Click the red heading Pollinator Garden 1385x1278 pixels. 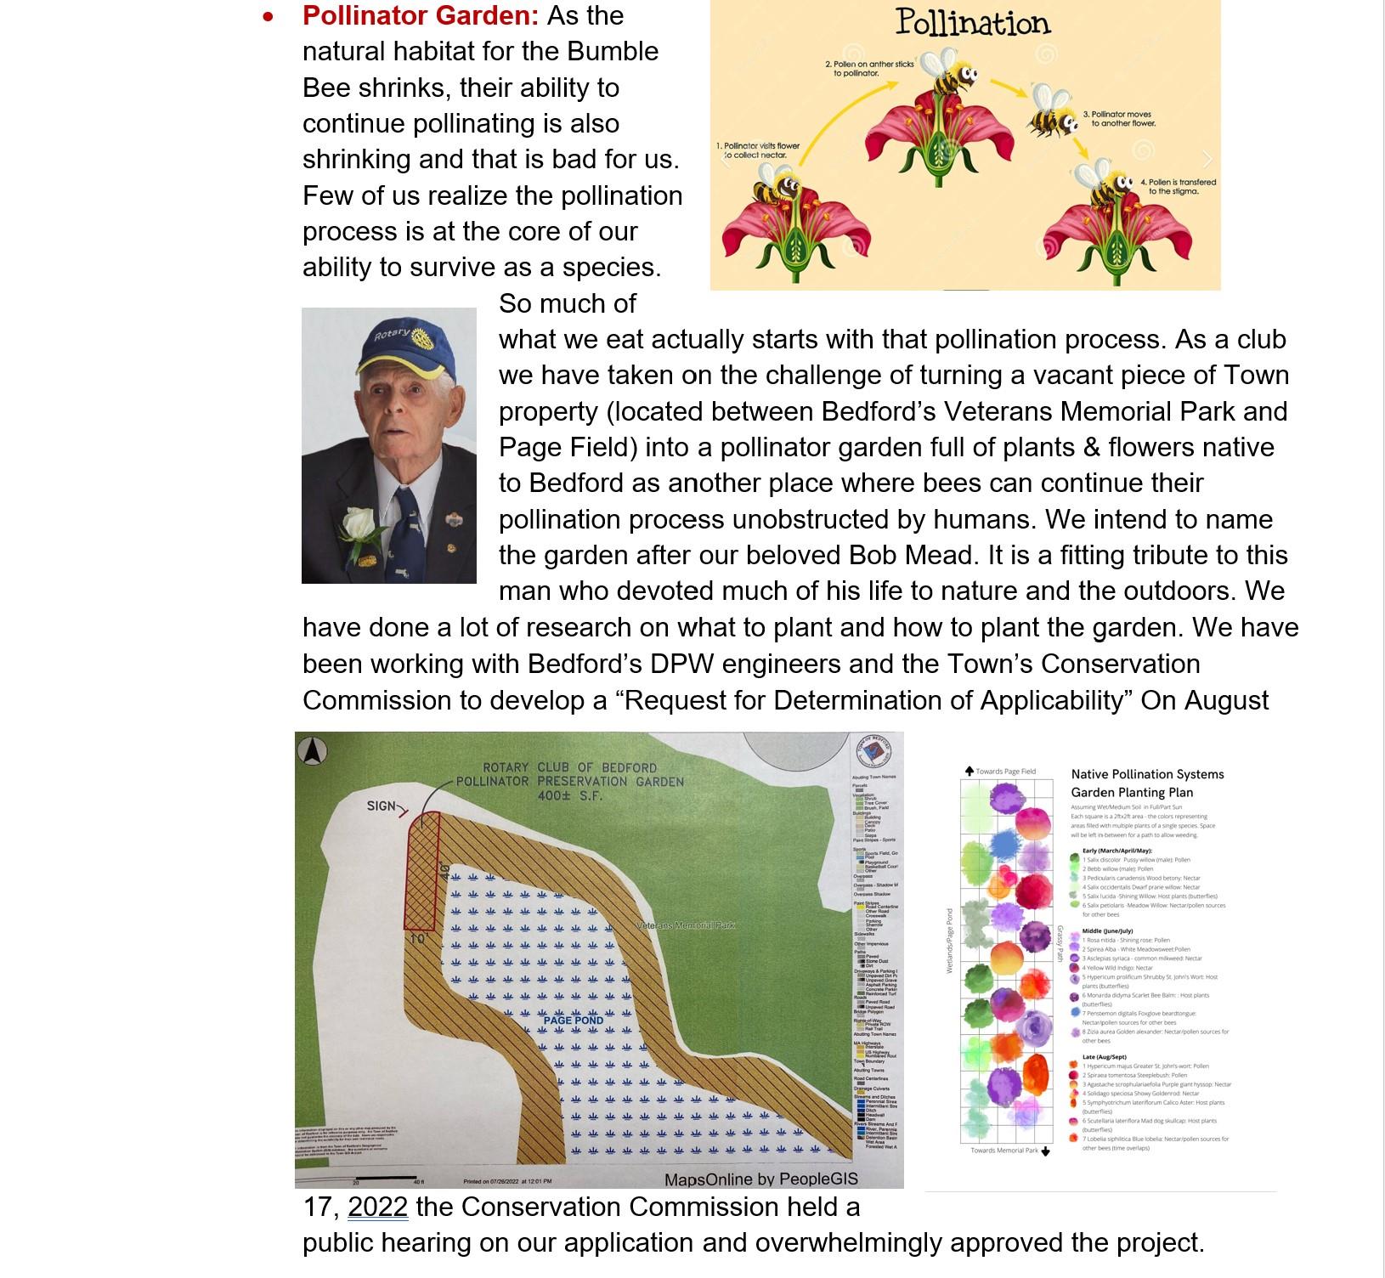[x=421, y=16]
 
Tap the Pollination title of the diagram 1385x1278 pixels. [x=972, y=23]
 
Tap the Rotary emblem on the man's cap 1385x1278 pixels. [x=418, y=337]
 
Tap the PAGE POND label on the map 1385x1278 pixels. [x=574, y=1020]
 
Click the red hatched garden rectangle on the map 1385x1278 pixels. [x=421, y=871]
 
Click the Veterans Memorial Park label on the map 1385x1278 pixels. [x=686, y=925]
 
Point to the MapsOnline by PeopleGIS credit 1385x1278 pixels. [x=760, y=1179]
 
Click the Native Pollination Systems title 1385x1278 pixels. [x=1147, y=774]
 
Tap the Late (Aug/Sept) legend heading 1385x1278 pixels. [x=1104, y=1057]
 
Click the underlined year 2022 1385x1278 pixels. [x=377, y=1207]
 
